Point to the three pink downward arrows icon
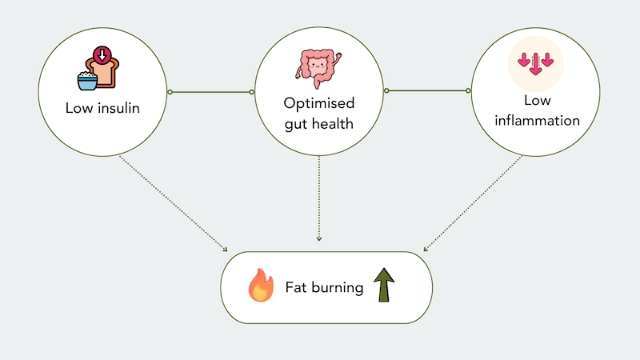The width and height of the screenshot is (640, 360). click(x=535, y=62)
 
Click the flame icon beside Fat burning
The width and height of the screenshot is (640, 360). click(x=259, y=286)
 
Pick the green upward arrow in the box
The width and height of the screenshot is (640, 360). click(x=386, y=286)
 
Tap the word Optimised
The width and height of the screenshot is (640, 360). click(x=319, y=104)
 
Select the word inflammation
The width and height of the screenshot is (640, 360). click(x=536, y=121)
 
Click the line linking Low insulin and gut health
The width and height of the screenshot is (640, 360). click(x=211, y=93)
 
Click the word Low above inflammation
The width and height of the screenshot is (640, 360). click(x=536, y=102)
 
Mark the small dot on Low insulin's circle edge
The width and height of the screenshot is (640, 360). click(x=170, y=93)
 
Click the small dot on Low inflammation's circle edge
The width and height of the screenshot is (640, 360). click(x=470, y=91)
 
